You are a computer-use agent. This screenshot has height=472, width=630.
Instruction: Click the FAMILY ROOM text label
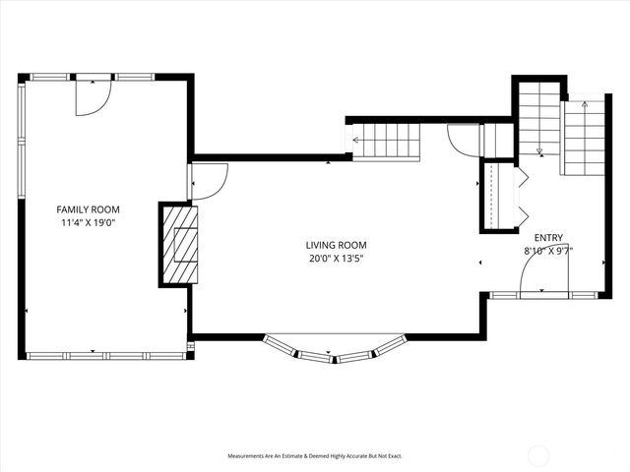88,209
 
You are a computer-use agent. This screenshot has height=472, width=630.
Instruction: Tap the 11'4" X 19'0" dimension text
88,222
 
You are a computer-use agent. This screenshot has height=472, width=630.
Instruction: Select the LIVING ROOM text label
336,246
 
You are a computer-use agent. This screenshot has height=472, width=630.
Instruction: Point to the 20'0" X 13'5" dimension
336,259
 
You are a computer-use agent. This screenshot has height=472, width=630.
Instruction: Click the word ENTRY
548,238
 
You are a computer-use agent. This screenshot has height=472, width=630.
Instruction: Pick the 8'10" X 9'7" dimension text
548,251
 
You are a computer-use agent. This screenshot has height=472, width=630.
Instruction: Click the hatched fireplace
179,245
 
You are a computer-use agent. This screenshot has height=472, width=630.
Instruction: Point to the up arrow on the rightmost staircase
584,103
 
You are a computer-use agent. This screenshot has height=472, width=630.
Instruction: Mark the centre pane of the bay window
336,356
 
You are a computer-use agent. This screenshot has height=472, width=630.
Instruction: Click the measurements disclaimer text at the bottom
315,456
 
